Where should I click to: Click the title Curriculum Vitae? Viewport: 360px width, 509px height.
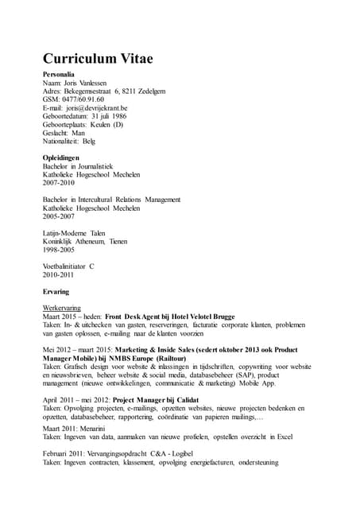tap(98, 59)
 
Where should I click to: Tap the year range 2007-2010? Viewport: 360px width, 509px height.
tap(58, 183)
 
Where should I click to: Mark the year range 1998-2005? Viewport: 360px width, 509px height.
tap(58, 250)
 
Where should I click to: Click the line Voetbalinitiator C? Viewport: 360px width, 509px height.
tap(68, 266)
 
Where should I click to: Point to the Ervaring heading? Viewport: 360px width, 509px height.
tap(56, 291)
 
